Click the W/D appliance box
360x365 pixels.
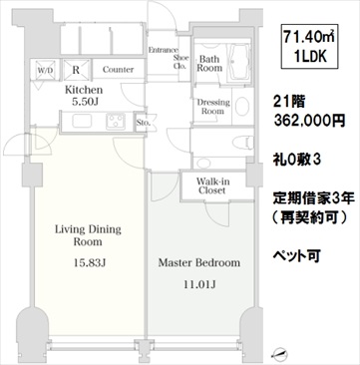45,70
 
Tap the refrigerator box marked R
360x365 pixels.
77,70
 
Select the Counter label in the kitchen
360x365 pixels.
118,70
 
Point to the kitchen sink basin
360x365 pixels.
82,121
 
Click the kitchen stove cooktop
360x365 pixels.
116,121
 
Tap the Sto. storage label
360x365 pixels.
144,123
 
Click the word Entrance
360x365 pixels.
164,50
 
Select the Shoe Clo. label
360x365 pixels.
181,62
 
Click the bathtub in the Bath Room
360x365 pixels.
238,62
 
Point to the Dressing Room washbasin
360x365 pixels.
242,106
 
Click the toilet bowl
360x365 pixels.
241,143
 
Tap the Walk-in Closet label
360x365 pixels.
212,185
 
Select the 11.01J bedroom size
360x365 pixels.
199,284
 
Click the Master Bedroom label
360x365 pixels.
199,263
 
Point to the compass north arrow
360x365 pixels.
279,353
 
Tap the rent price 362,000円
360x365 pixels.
309,120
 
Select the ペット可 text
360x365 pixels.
296,255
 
